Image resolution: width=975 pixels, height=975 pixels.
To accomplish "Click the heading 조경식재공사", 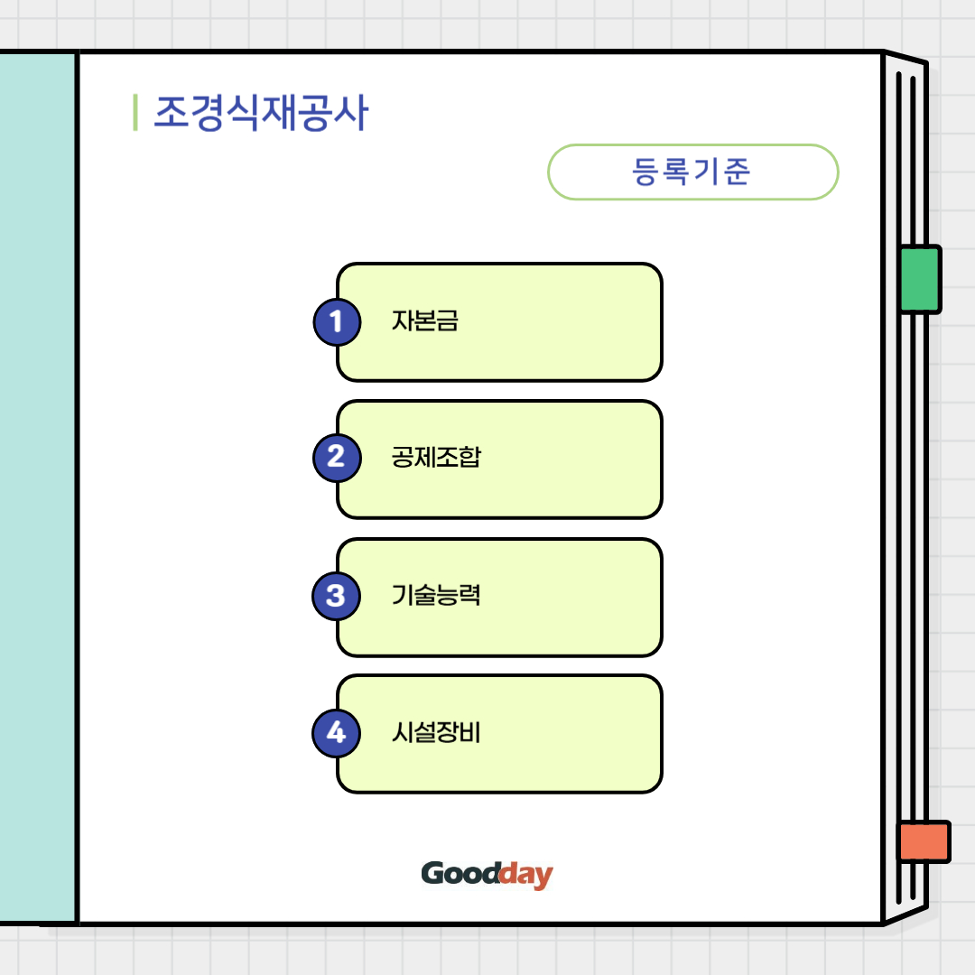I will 261,114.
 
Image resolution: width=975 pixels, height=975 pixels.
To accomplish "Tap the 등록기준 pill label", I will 692,172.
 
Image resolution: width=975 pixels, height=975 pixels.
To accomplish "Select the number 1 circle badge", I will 337,321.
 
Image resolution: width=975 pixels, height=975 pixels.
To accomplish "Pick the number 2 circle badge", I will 337,458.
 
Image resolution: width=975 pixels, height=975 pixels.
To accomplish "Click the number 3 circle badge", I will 336,596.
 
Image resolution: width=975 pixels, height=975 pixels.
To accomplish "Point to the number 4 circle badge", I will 336,732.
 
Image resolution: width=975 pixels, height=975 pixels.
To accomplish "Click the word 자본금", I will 425,321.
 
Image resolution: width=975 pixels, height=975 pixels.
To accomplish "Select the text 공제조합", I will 436,457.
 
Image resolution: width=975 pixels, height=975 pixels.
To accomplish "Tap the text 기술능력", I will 436,595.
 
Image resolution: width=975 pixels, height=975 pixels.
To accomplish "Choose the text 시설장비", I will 436,732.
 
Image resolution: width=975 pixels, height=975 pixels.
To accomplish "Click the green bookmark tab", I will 920,279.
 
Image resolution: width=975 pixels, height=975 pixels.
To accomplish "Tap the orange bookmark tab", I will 924,841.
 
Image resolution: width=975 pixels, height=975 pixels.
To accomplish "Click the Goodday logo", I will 487,874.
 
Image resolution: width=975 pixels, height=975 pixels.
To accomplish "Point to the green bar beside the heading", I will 135,113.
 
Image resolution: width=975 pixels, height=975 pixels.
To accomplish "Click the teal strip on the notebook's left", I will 38,487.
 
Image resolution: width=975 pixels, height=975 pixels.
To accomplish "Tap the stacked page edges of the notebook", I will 905,560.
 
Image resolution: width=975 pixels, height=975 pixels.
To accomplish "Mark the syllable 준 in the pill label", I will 736,172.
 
